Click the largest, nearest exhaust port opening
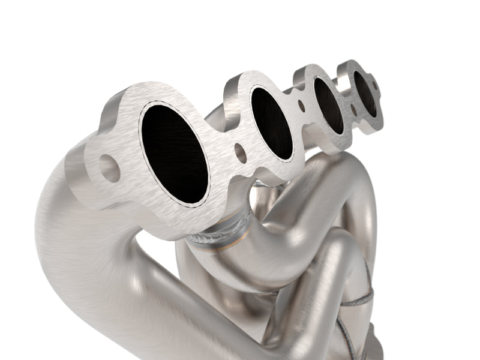pyautogui.click(x=174, y=153)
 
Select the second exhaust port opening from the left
pyautogui.click(x=272, y=122)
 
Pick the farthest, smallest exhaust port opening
pyautogui.click(x=365, y=93)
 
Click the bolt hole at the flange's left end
pyautogui.click(x=110, y=169)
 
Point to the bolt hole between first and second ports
pyautogui.click(x=240, y=153)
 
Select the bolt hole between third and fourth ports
pyautogui.click(x=353, y=110)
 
